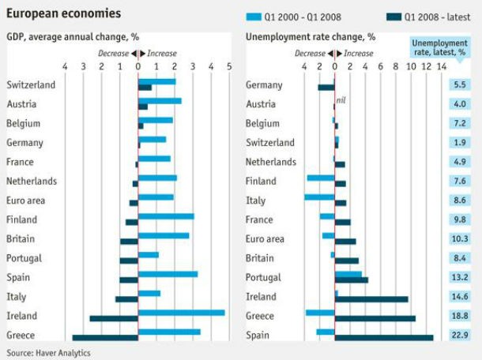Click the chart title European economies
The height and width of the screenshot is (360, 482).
64,13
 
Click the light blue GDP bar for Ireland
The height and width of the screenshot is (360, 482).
181,313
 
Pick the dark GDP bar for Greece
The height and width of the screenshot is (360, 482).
105,337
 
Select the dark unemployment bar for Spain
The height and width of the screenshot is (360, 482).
384,337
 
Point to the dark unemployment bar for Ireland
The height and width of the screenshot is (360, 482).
371,298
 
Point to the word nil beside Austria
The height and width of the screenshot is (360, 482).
341,101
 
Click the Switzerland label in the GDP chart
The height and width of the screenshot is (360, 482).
31,84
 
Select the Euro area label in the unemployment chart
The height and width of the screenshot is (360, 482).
265,238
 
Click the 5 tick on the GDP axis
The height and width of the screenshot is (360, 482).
229,66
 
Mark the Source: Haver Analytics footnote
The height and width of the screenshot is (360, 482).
48,352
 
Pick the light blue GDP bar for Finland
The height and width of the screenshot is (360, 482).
166,216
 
